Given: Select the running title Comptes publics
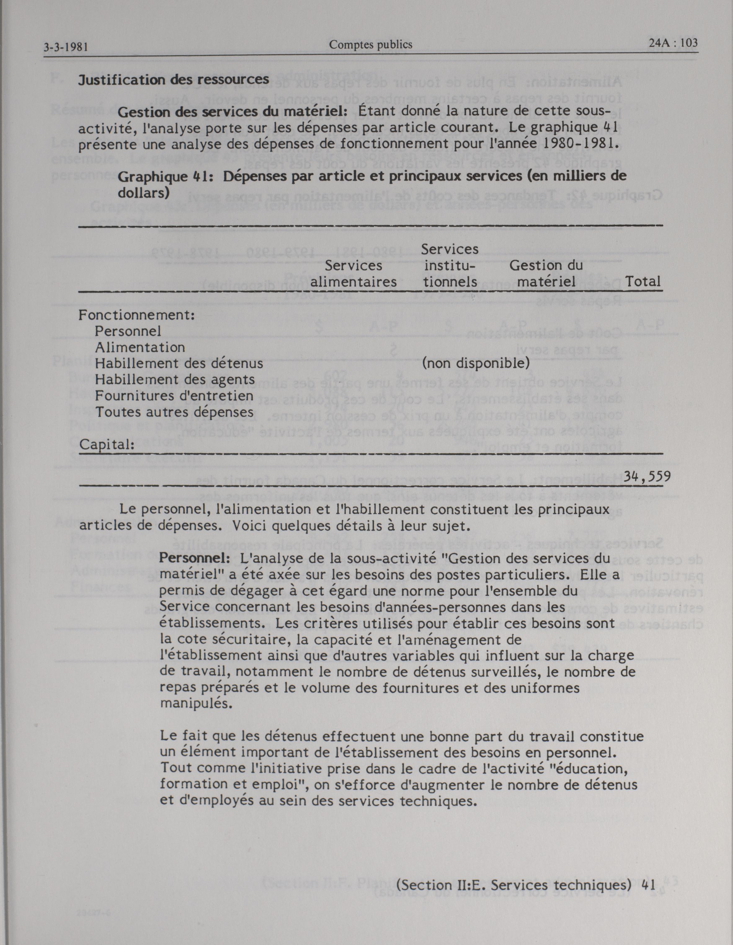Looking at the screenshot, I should [370, 44].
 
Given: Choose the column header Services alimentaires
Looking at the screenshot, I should [354, 274].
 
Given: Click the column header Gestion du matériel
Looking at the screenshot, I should [546, 274].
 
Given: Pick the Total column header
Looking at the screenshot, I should [643, 282].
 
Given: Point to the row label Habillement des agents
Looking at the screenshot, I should [175, 379].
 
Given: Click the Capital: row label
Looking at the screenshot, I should [106, 444].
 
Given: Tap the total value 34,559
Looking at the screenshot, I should [647, 477].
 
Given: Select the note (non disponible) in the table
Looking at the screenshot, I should [476, 363].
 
